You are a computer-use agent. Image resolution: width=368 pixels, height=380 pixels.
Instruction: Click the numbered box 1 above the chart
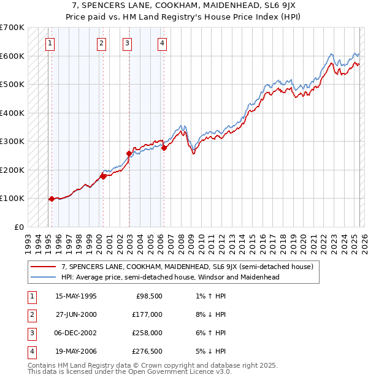click(x=49, y=44)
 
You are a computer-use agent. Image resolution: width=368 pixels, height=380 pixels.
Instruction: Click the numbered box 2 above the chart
click(x=101, y=44)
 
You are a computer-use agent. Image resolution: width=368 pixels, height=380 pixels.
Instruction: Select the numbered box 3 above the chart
click(x=126, y=44)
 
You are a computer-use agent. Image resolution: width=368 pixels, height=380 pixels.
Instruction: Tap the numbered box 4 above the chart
click(x=162, y=44)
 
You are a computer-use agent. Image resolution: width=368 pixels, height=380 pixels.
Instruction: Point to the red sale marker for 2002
click(x=129, y=153)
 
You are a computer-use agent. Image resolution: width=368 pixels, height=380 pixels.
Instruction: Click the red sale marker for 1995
click(x=52, y=199)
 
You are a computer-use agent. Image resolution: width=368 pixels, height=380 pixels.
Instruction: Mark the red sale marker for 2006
click(x=164, y=148)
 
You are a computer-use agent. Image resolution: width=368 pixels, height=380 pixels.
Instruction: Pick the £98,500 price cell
click(x=148, y=296)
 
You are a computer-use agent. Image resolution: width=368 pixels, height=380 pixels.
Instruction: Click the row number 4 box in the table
click(x=30, y=351)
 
